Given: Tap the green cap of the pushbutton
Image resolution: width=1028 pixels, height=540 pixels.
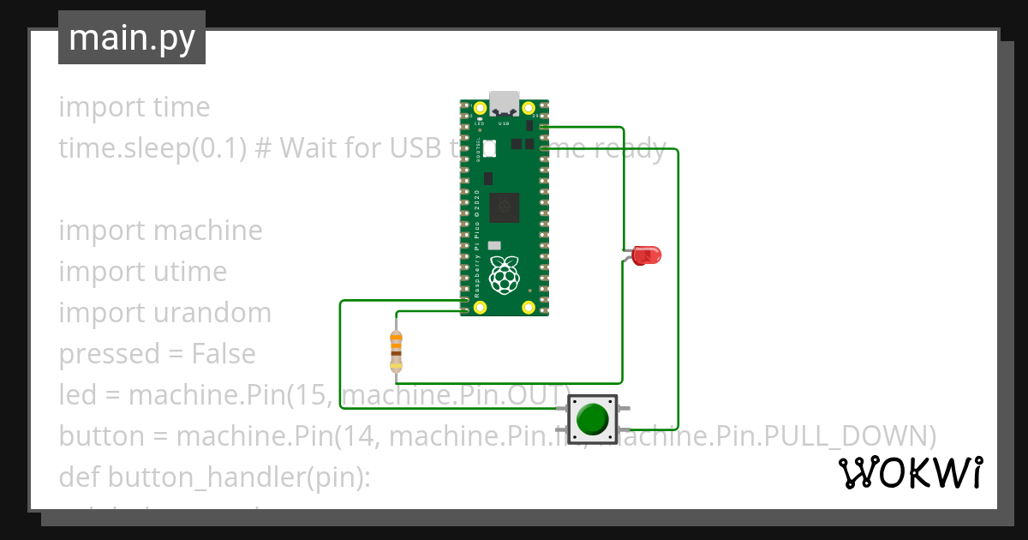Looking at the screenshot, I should [592, 419].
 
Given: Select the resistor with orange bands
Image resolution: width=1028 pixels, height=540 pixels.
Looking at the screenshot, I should [396, 351].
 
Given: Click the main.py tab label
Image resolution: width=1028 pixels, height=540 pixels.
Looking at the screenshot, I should [132, 38].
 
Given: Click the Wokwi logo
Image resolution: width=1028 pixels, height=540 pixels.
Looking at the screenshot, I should [910, 472].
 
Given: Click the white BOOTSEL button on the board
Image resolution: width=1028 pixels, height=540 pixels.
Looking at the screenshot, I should [489, 147].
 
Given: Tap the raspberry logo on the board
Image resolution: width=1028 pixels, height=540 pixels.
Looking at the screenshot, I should [505, 273].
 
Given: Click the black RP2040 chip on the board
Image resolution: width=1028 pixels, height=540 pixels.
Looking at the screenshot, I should [504, 207].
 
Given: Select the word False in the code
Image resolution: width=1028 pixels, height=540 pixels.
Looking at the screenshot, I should [224, 354].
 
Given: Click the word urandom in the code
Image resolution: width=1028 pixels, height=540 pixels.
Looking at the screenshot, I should [212, 313].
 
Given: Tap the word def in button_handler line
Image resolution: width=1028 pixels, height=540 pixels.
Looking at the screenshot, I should [79, 477].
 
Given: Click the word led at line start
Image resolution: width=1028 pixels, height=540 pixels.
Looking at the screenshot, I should [77, 395].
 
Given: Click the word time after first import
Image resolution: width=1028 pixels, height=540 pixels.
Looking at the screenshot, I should [181, 107].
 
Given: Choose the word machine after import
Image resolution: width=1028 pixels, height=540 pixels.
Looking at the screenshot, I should [208, 231].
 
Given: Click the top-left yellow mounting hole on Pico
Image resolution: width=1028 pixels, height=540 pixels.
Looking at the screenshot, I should [469, 109].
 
